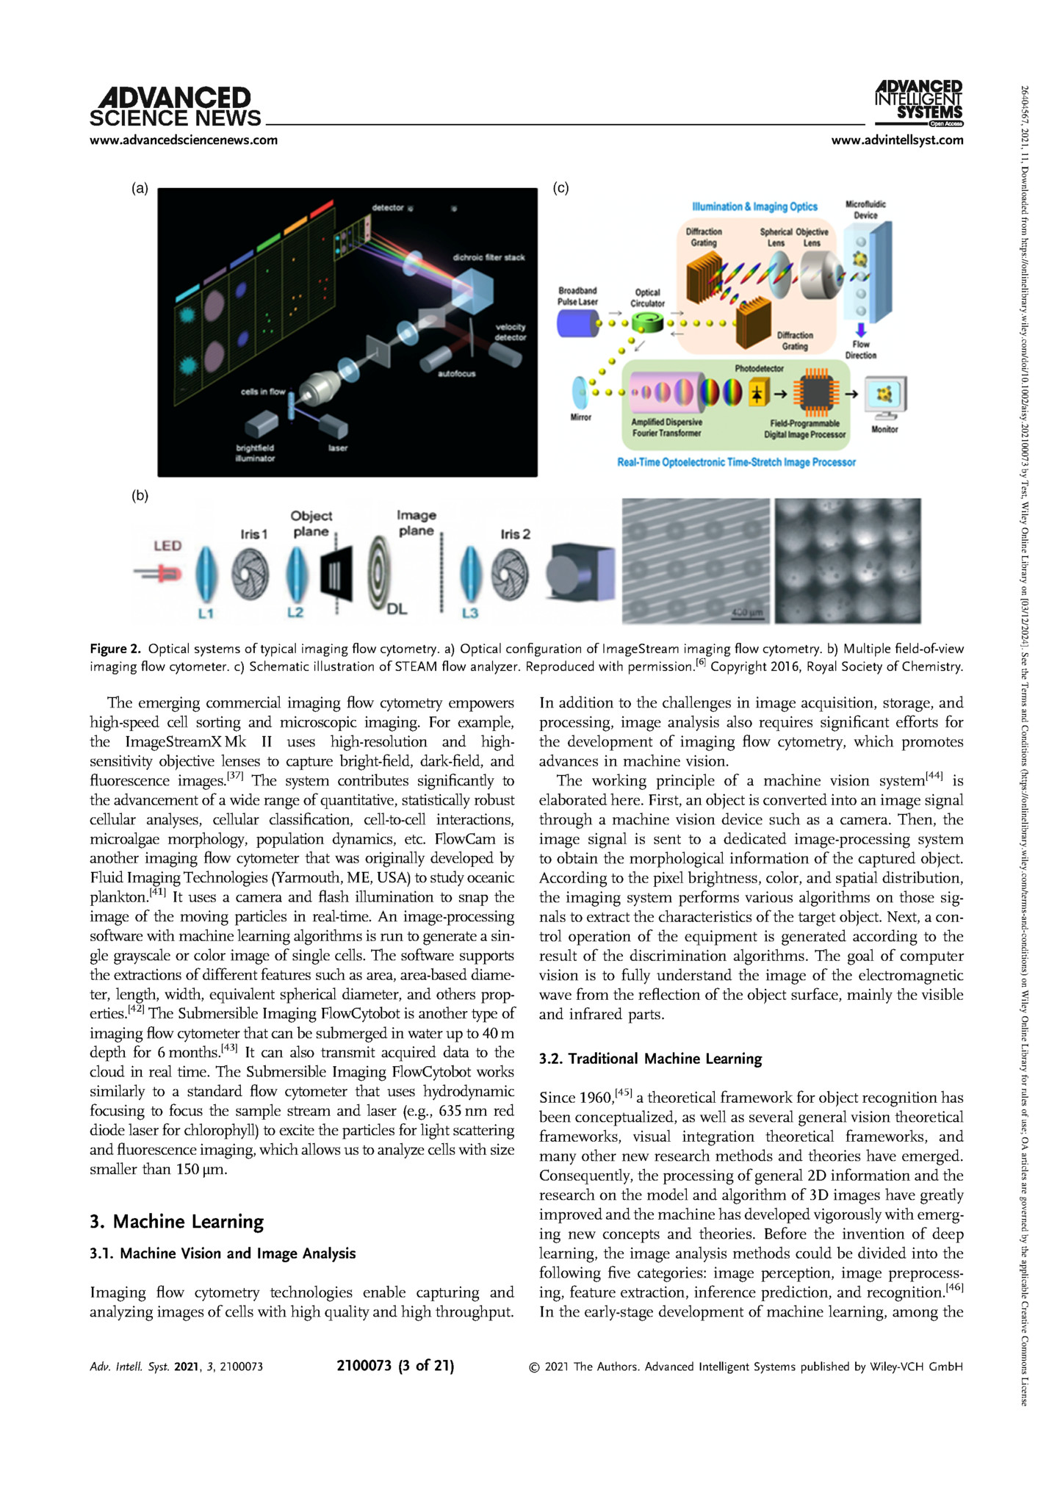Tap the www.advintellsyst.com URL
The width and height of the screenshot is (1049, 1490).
pyautogui.click(x=896, y=140)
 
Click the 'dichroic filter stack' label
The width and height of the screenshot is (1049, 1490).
pyautogui.click(x=489, y=257)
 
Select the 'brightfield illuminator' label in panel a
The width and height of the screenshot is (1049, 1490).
pyautogui.click(x=255, y=453)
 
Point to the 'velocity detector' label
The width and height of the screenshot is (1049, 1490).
pyautogui.click(x=510, y=332)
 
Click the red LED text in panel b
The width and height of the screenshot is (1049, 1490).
pyautogui.click(x=167, y=546)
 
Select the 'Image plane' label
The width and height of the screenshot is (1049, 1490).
pyautogui.click(x=417, y=523)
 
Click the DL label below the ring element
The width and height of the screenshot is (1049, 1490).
pyautogui.click(x=397, y=609)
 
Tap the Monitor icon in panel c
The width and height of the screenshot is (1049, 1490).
pyautogui.click(x=885, y=397)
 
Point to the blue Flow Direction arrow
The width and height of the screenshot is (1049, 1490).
pyautogui.click(x=861, y=330)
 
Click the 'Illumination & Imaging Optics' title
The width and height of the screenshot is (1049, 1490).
pyautogui.click(x=754, y=207)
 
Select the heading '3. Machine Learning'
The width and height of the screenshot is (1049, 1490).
pyautogui.click(x=176, y=1221)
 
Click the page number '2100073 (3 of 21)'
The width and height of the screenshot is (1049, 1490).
pyautogui.click(x=395, y=1366)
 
